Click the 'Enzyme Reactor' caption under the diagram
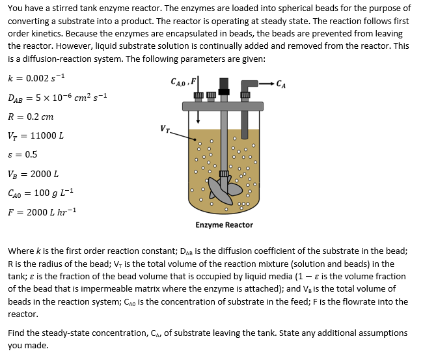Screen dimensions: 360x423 [x=224, y=225]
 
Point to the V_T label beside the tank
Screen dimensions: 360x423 [x=165, y=128]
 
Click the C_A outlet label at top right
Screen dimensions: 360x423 [x=280, y=83]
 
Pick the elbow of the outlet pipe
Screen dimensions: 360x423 [x=246, y=85]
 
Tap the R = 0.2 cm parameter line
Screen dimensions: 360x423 [x=31, y=117]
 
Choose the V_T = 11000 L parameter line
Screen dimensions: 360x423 [x=36, y=136]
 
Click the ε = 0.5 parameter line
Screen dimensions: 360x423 [x=23, y=155]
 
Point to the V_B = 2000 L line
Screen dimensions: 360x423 [x=33, y=174]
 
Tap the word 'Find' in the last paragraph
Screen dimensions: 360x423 [x=18, y=333]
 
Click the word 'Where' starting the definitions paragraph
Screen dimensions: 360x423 [x=21, y=251]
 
